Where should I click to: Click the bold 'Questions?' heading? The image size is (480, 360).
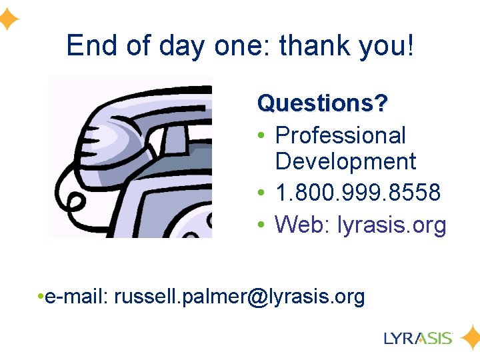[323, 103]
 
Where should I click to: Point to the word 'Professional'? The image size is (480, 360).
[340, 136]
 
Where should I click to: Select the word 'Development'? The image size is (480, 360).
[345, 161]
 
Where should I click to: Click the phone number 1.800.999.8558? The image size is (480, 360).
[358, 193]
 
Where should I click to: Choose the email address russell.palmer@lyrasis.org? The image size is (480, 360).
[239, 297]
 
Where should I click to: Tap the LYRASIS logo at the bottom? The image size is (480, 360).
[418, 337]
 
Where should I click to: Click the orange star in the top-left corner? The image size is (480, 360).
[8, 19]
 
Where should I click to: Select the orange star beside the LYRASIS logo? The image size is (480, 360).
[471, 337]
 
